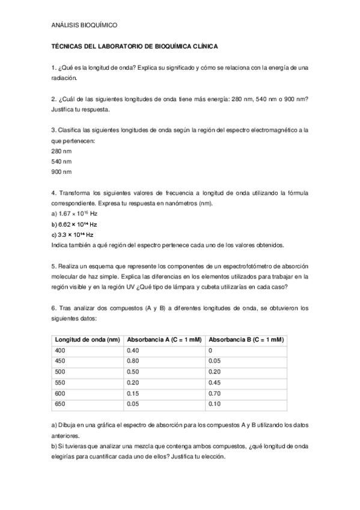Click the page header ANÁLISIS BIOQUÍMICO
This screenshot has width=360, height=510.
(x=84, y=25)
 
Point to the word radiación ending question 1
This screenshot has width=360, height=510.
(x=64, y=78)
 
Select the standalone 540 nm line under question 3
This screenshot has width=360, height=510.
(x=61, y=161)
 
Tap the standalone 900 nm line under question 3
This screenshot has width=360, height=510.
(x=61, y=172)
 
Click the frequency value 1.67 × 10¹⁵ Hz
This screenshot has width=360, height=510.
(x=75, y=214)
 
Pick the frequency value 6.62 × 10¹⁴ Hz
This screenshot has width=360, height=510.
(x=75, y=224)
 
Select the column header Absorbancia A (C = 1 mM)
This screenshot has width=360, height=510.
(x=163, y=339)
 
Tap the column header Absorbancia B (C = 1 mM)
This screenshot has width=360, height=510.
(x=246, y=339)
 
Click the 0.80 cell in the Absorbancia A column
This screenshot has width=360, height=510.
(x=133, y=361)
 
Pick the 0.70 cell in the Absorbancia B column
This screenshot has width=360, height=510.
(x=215, y=393)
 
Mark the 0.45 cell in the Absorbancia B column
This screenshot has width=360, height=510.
(x=215, y=382)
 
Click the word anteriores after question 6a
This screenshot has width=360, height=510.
(x=66, y=436)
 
